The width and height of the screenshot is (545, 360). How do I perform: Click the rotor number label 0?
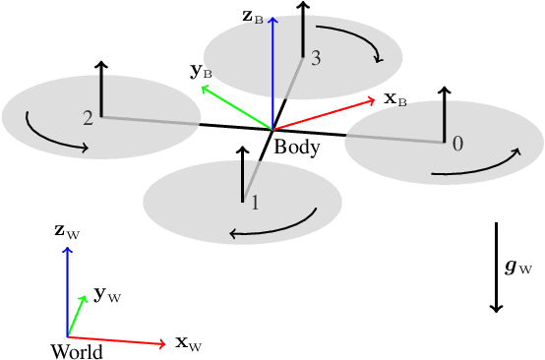click(457, 144)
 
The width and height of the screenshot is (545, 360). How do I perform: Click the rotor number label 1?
click(255, 204)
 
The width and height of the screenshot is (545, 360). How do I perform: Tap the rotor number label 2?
click(89, 118)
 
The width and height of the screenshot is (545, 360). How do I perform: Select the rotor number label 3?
click(315, 59)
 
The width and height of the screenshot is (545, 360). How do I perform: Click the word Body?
click(296, 147)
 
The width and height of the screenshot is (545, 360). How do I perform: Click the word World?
click(76, 350)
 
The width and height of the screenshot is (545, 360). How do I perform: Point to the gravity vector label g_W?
click(518, 267)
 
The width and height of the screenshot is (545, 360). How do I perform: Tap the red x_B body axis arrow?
click(325, 112)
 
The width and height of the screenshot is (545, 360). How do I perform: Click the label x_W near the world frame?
click(188, 343)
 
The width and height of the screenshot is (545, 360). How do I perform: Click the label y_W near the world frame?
click(106, 295)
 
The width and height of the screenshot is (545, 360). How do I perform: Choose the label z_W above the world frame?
click(66, 231)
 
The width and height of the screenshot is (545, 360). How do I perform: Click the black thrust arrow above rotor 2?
click(101, 89)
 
